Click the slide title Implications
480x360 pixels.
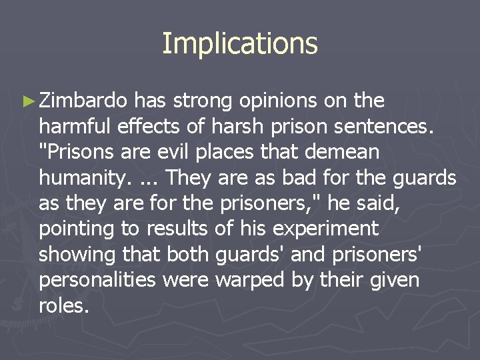(x=240, y=43)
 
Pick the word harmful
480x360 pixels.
(x=75, y=126)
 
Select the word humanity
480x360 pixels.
(x=83, y=179)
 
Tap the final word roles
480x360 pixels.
(x=63, y=307)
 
